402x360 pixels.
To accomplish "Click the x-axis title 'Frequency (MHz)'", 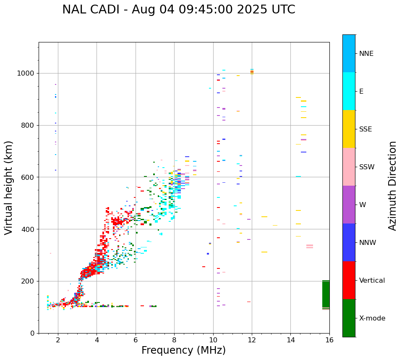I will [x=183, y=350].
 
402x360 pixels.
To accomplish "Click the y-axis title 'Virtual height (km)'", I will [x=9, y=188].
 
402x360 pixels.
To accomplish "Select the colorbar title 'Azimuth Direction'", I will [x=392, y=186].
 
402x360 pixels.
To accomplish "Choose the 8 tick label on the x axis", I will [x=174, y=340].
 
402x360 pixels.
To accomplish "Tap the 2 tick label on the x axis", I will [x=58, y=340].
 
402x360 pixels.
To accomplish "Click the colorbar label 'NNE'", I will [x=366, y=54].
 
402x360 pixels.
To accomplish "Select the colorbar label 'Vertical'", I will [x=372, y=281].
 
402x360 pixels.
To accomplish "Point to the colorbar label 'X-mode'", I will [x=372, y=318].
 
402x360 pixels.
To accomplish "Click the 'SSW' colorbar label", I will [x=367, y=167].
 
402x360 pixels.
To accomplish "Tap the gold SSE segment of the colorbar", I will [x=349, y=129].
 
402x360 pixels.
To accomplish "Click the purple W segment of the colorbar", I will [x=349, y=205].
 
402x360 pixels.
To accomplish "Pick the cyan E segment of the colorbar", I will [x=349, y=91].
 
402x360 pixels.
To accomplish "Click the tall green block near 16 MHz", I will [x=326, y=294].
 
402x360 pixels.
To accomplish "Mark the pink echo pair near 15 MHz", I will [x=310, y=247].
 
